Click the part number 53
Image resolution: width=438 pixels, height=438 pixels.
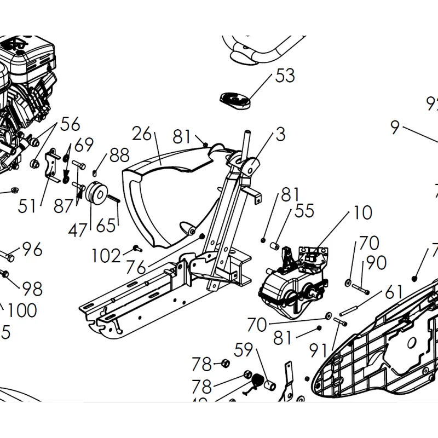[x=285, y=75]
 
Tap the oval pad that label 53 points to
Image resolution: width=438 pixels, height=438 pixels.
[x=235, y=100]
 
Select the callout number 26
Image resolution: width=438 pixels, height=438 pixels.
[x=141, y=133]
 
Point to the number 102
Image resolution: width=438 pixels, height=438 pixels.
[x=106, y=255]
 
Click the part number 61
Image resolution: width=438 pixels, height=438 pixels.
[x=393, y=292]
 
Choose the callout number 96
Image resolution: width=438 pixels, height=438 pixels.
[x=32, y=250]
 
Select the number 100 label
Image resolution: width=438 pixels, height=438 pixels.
[x=22, y=310]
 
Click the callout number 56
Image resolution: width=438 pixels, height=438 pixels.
[x=70, y=124]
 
